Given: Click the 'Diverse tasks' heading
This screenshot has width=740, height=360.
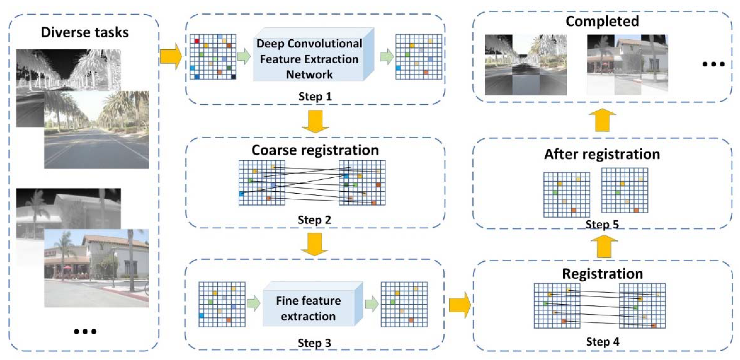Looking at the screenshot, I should pos(84,32).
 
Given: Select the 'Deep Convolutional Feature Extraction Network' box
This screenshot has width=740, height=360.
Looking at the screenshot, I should pos(309,59).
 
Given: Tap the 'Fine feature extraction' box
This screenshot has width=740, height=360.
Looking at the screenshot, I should pos(308,308).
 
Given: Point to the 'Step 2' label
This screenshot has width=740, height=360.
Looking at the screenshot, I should pos(314,220).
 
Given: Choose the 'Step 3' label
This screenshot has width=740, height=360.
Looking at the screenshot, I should pos(314,343).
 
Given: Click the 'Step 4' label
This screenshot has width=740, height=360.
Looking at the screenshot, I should pos(603,342).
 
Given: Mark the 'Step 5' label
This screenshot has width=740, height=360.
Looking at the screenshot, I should pos(602,225).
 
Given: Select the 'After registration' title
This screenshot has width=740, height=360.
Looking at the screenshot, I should pos(602,154).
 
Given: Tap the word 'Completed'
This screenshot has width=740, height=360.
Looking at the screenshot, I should pos(602,21).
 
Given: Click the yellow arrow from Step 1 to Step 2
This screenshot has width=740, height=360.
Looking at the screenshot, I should pos(315,121).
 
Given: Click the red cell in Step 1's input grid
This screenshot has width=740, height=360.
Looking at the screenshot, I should pos(197,41).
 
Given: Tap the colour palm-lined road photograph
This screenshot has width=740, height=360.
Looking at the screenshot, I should pos(97,130).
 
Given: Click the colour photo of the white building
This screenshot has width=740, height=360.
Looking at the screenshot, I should pos(97,268).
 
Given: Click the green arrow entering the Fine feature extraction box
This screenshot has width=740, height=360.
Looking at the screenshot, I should pos(253,303).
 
